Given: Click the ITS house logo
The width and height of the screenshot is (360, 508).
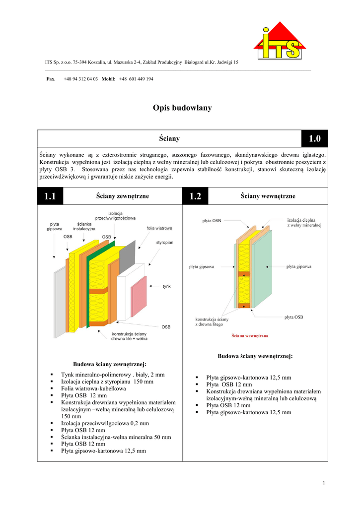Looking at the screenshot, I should coord(280,42).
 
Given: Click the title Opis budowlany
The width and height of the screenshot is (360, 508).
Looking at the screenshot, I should coord(182,108).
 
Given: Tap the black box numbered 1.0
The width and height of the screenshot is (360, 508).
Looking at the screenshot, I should coord(314,139).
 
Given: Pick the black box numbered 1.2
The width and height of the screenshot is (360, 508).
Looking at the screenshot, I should coord(195,196).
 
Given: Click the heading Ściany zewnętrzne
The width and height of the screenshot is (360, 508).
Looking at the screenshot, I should coord(122,196).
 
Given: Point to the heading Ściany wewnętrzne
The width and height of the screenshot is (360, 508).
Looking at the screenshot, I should coord(268,196).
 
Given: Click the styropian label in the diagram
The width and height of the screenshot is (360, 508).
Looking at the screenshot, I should coord(165,243).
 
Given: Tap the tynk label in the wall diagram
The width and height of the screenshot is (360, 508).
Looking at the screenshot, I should coord(167,286).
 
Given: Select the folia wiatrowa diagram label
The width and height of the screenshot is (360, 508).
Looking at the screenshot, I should coord(159,228).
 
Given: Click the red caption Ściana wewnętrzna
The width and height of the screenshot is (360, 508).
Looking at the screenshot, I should coord(250,336).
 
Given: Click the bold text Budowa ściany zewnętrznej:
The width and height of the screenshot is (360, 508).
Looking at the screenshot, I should coord(110,365).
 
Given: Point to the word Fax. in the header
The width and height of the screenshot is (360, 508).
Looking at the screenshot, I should coord(51,79).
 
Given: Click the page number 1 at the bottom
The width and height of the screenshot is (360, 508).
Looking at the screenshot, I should coord(323,484).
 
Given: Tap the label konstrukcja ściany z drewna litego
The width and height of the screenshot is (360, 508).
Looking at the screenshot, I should coord(212,321).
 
